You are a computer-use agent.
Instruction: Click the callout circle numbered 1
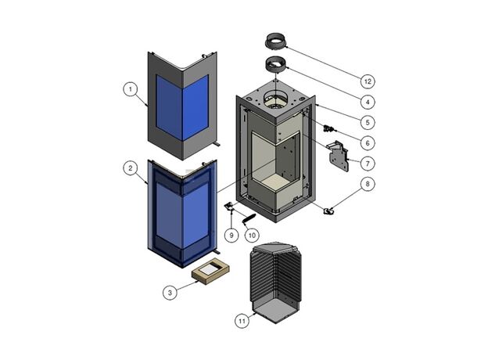(130, 89)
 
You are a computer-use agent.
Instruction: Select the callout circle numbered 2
(130, 167)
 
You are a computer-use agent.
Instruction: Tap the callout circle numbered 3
(169, 292)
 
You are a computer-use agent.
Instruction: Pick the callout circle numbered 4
(368, 102)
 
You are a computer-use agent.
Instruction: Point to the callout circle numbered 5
(368, 122)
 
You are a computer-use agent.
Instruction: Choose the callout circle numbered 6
(368, 142)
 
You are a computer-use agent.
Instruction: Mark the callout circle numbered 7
(368, 163)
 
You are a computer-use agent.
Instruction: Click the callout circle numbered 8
(368, 185)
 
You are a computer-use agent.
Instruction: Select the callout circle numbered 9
(232, 234)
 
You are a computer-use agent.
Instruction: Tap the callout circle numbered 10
(251, 234)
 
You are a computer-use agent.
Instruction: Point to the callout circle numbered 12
(368, 81)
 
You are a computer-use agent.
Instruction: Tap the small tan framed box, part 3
(210, 272)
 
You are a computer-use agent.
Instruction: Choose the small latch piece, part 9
(231, 207)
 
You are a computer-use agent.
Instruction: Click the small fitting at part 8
(329, 210)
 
